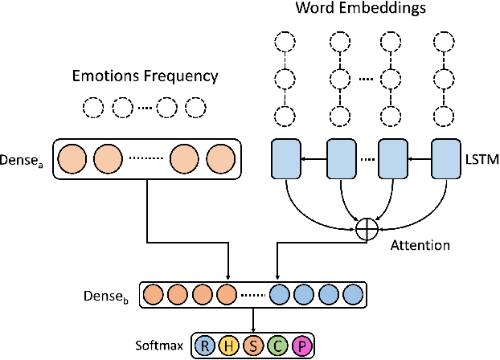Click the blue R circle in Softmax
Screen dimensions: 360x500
click(206, 346)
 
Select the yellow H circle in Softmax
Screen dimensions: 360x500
click(229, 346)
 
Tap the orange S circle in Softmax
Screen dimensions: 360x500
click(252, 346)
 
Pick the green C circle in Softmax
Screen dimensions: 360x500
click(276, 346)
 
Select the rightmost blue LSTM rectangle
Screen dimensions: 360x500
click(447, 161)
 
